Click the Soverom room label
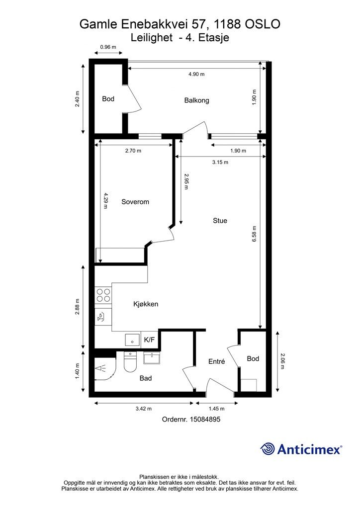coord(135,202)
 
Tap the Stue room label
coord(220,220)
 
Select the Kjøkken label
coord(146,304)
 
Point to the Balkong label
coord(196,100)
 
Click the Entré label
coord(216,361)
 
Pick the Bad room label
coord(145,378)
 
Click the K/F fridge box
coord(149,340)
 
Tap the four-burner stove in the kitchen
coord(103,295)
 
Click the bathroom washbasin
coord(152,358)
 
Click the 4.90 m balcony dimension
coord(196,74)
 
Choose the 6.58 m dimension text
coord(255,234)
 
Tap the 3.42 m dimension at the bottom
coord(144,409)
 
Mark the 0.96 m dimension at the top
coord(108,47)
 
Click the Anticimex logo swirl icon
coord(268,449)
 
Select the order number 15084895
coord(205,419)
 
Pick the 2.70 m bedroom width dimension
coord(133,151)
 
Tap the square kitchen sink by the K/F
coord(132,340)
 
